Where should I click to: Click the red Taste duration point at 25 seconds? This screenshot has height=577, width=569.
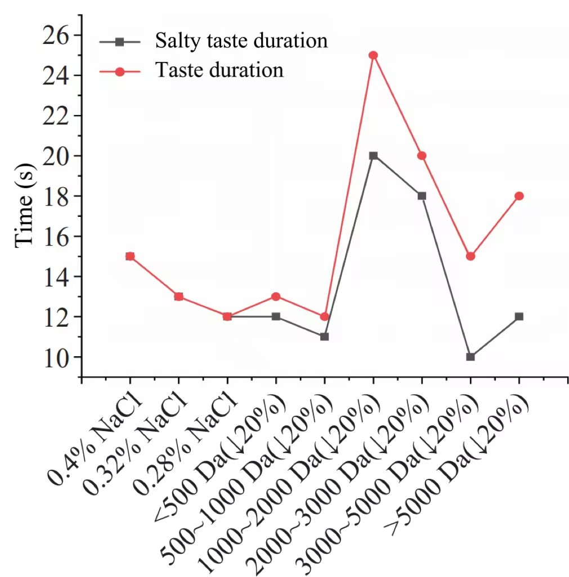tap(373, 55)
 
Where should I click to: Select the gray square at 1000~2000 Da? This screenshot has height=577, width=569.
tap(373, 156)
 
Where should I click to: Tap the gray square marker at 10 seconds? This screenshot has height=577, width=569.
tap(471, 357)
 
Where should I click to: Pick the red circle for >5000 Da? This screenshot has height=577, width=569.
tap(519, 196)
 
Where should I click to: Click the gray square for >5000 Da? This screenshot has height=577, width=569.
tap(519, 317)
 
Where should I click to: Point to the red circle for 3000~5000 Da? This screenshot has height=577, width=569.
tap(471, 256)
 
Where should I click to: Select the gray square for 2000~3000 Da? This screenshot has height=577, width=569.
tap(422, 196)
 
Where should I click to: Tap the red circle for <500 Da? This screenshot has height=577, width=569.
tap(276, 296)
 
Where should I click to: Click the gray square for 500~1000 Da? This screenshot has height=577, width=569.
tap(324, 336)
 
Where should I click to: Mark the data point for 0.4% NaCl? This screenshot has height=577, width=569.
tap(130, 256)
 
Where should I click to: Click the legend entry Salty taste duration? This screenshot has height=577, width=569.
tap(241, 41)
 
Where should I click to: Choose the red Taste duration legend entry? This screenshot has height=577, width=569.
tap(219, 70)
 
